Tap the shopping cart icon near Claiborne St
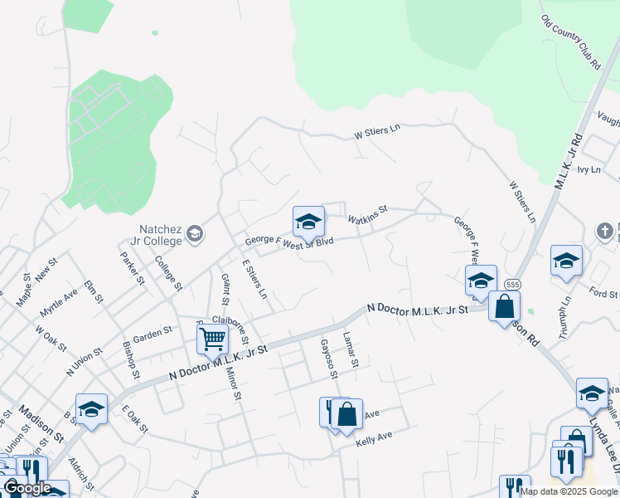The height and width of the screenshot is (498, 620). point(212,339)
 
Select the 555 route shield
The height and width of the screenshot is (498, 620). point(513,284)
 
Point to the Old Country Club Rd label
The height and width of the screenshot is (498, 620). point(569,42)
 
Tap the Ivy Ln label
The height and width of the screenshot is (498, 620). point(589,169)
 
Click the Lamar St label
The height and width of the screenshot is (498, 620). point(351,349)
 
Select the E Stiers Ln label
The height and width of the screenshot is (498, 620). point(254,279)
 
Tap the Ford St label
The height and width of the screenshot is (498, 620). point(598,291)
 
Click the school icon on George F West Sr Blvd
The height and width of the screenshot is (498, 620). point(308,222)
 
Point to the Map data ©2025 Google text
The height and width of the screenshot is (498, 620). point(569,491)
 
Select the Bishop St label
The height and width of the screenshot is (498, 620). point(133,355)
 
